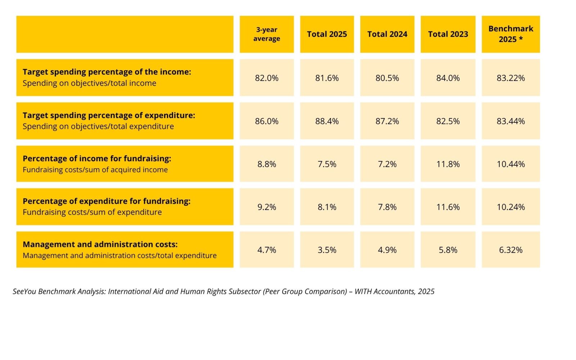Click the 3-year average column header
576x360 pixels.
[267, 34]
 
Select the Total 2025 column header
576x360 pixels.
[327, 34]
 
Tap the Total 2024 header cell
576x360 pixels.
[387, 34]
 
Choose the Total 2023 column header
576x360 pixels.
[448, 34]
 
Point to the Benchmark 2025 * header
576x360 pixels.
[511, 34]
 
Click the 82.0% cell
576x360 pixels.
[267, 78]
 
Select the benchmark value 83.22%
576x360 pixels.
[511, 78]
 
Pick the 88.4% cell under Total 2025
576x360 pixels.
[327, 121]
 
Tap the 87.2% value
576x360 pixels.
[387, 121]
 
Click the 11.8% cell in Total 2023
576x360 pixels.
[448, 164]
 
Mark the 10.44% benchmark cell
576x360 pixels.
[511, 164]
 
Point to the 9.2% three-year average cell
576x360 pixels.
[267, 207]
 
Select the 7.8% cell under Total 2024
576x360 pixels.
[387, 207]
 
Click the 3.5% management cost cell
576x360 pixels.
[327, 249]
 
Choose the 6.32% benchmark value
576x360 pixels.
[511, 250]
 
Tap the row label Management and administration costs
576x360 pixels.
[100, 244]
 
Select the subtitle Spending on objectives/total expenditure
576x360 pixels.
[98, 126]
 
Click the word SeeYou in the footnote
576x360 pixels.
[25, 291]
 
